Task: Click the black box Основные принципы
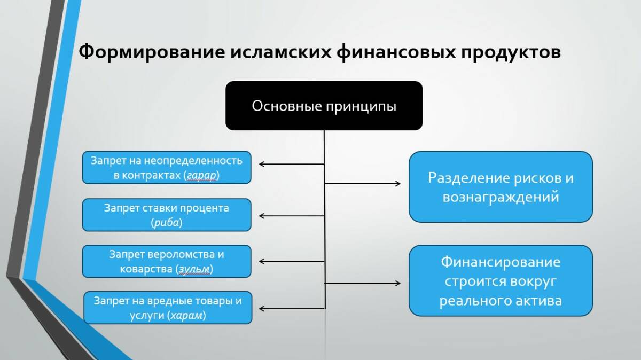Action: pyautogui.click(x=324, y=106)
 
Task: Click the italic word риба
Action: pyautogui.click(x=167, y=222)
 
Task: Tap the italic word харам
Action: pyautogui.click(x=186, y=315)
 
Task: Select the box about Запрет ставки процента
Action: pyautogui.click(x=166, y=215)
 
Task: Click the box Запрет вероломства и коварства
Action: pyautogui.click(x=166, y=261)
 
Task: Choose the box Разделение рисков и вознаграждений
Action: pyautogui.click(x=501, y=186)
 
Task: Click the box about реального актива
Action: pyautogui.click(x=501, y=281)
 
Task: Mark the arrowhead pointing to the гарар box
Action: pyautogui.click(x=262, y=163)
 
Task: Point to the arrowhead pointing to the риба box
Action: pyautogui.click(x=262, y=216)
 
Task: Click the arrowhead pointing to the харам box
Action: pyautogui.click(x=262, y=308)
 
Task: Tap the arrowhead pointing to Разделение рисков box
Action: pyautogui.click(x=398, y=184)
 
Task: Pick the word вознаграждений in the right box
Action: pyautogui.click(x=501, y=197)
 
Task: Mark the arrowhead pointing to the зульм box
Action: pyautogui.click(x=262, y=261)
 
